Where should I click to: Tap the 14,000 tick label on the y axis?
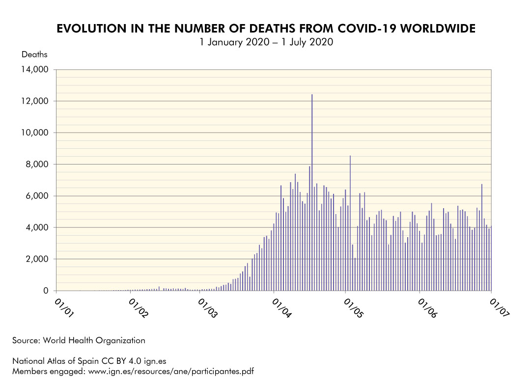tap(34, 70)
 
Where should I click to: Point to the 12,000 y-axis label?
tap(34, 101)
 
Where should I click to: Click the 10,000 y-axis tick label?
tap(34, 133)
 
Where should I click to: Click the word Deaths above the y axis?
tap(34, 55)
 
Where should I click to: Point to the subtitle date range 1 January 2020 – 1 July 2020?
tap(266, 42)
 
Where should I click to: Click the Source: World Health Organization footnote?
tap(79, 340)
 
